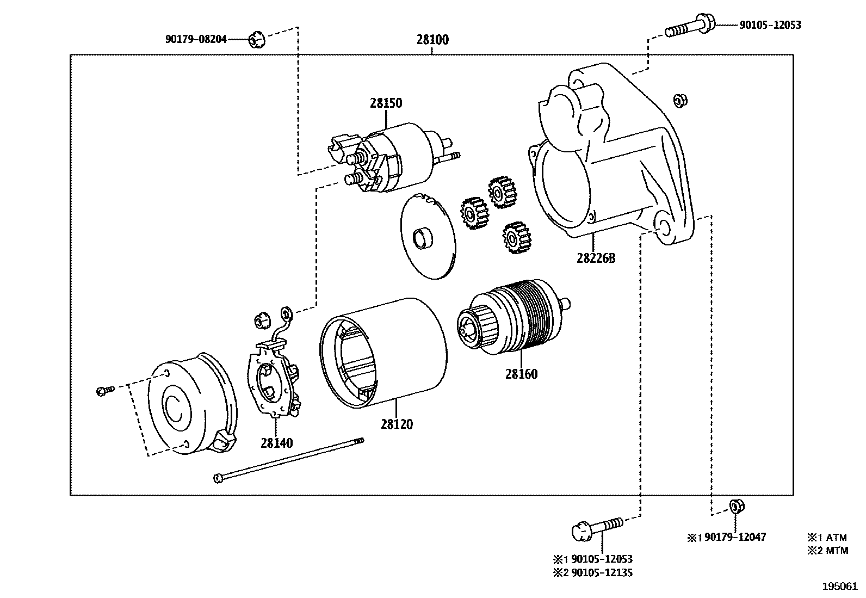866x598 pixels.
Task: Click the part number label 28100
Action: coord(432,40)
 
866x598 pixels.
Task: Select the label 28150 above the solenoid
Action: coord(386,103)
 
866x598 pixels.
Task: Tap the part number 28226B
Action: coord(596,258)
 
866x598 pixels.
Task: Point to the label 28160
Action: coord(521,374)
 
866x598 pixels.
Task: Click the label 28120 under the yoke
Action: coord(397,424)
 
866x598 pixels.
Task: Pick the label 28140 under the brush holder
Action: coord(276,443)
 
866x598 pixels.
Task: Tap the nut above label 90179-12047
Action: coord(735,506)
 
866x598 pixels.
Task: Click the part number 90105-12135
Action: coord(601,572)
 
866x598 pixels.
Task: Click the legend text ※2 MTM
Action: coord(827,550)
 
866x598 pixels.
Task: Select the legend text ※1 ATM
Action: coord(827,537)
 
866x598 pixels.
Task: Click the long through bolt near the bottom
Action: coord(288,460)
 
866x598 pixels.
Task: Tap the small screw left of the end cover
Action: coord(105,390)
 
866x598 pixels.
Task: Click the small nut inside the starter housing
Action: coord(679,100)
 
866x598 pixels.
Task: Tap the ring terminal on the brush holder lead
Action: coord(286,313)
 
